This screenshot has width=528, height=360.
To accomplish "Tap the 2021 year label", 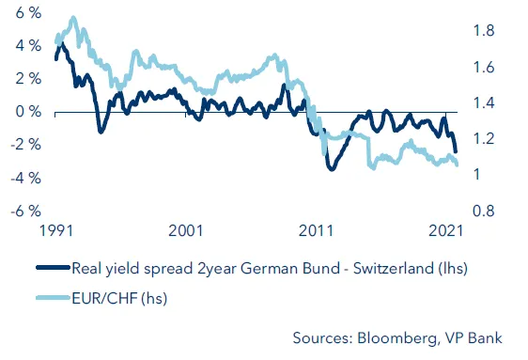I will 446,228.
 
